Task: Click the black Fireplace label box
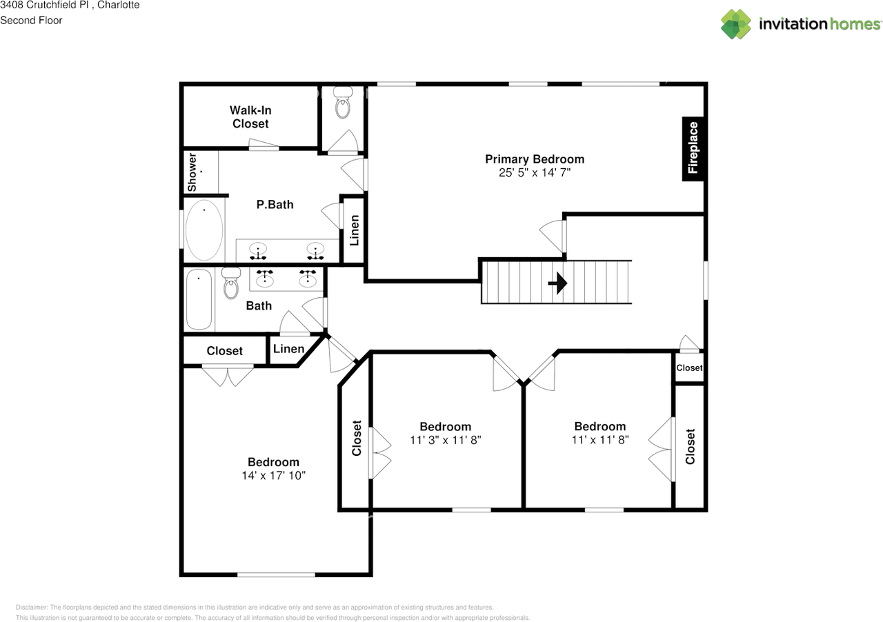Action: tap(693, 147)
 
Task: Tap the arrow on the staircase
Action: tap(558, 283)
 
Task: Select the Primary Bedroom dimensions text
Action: tap(535, 173)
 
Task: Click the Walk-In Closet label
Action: tap(250, 117)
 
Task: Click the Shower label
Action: tap(192, 172)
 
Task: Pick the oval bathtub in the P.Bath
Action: tap(204, 230)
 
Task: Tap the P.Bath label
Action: tap(275, 204)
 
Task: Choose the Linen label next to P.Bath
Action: tap(355, 231)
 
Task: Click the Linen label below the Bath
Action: tap(288, 349)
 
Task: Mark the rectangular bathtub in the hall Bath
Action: tap(199, 299)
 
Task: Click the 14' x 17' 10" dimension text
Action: tap(274, 475)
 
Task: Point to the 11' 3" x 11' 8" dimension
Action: tap(445, 439)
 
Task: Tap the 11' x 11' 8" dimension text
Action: tap(600, 439)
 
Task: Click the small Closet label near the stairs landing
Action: tap(689, 368)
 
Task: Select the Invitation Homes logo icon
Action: tap(736, 24)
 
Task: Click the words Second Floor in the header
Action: tap(31, 20)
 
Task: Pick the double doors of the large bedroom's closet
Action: tap(228, 376)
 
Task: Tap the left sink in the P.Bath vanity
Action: tap(259, 250)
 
